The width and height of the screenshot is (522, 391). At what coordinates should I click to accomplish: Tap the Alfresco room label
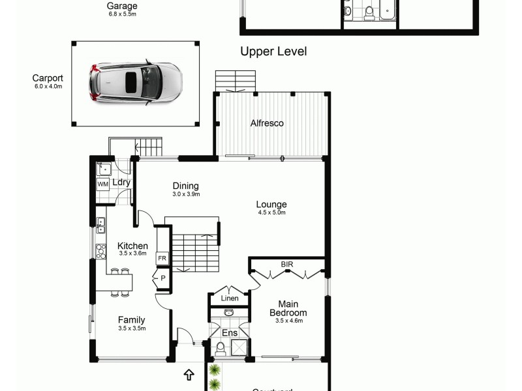tap(268, 123)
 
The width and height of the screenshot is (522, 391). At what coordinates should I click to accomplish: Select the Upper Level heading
tap(273, 51)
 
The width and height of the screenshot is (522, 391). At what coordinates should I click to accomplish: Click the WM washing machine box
tap(103, 184)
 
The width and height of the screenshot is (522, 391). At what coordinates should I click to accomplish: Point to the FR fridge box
tap(161, 259)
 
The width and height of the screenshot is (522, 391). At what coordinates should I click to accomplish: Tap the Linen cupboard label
tap(229, 298)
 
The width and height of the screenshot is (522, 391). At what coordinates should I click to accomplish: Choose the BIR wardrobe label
tap(287, 264)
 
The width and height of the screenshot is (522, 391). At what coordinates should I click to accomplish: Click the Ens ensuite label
tap(230, 334)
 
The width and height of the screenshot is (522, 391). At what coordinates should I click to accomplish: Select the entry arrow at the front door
tap(189, 375)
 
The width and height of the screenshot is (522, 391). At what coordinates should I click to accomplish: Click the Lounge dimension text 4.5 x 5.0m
tap(271, 212)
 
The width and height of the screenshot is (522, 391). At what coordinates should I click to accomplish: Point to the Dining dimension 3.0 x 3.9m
tap(186, 194)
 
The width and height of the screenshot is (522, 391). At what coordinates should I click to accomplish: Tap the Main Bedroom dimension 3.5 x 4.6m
tap(288, 321)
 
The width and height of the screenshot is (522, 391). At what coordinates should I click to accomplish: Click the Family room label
tap(131, 320)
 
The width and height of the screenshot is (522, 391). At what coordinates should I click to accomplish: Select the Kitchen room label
tap(132, 246)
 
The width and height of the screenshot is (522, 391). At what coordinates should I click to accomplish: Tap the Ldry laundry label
tap(121, 182)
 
